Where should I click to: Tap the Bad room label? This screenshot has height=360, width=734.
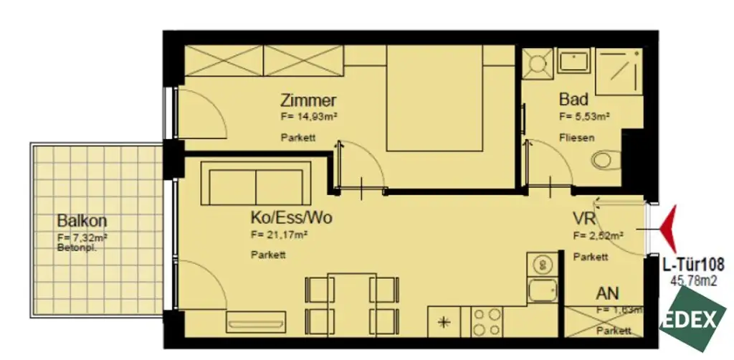573,100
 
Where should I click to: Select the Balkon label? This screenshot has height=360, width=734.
78,221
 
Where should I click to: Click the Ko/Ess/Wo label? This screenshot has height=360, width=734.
290,217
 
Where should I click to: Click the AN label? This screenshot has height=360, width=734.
608,293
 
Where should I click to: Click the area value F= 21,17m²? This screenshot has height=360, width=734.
280,234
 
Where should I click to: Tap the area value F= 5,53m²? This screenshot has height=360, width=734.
584,116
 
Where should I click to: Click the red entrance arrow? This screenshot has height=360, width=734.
668,228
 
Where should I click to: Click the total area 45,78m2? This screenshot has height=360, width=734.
693,281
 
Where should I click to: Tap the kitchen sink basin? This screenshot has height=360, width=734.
541,291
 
